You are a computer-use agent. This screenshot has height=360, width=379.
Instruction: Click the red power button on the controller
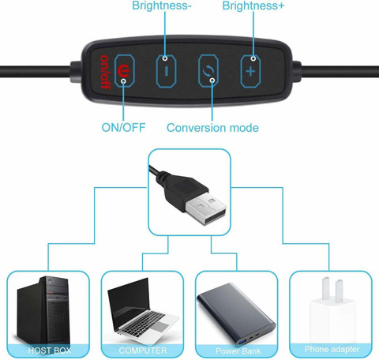pyautogui.click(x=125, y=71)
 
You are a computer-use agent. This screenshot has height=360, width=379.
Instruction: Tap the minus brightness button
pyautogui.click(x=166, y=71)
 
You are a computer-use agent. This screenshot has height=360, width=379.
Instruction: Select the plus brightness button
pyautogui.click(x=250, y=71)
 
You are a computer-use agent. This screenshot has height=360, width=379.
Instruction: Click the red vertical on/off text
pyautogui.click(x=105, y=72)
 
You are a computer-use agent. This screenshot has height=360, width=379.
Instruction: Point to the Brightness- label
pyautogui.click(x=161, y=6)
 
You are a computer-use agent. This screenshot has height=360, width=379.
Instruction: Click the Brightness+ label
pyautogui.click(x=253, y=6)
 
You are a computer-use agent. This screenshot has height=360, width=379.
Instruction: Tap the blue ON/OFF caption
pyautogui.click(x=123, y=128)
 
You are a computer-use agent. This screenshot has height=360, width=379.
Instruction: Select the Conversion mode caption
pyautogui.click(x=212, y=128)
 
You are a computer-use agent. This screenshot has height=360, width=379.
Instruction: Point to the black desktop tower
pyautogui.click(x=43, y=310)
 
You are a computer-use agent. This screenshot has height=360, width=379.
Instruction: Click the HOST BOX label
pyautogui.click(x=50, y=351)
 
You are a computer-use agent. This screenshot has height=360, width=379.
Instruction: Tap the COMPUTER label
pyautogui.click(x=143, y=351)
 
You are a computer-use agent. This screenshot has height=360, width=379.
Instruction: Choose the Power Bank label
pyautogui.click(x=238, y=351)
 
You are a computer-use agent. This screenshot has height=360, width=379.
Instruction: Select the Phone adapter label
pyautogui.click(x=332, y=349)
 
